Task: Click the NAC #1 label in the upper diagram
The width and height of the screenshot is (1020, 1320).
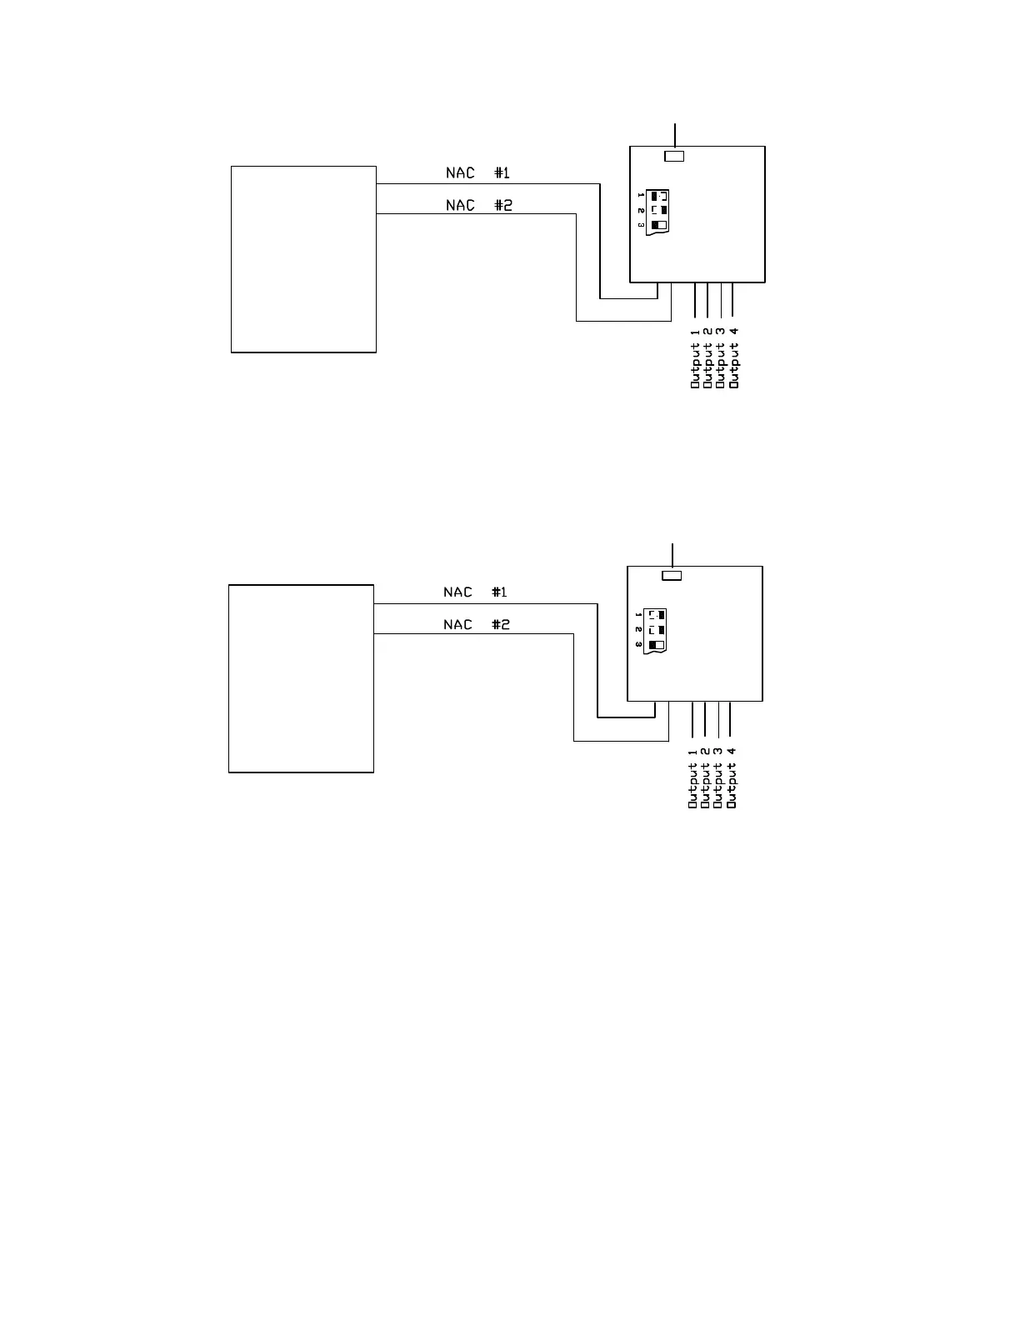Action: pyautogui.click(x=477, y=173)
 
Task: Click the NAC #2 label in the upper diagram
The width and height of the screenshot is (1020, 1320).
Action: pyautogui.click(x=478, y=205)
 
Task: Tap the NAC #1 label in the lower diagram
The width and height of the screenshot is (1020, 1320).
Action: pyautogui.click(x=475, y=592)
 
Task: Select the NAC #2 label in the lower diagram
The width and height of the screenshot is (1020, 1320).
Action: pyautogui.click(x=476, y=624)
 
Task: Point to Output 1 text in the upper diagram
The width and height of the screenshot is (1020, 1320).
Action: pyautogui.click(x=695, y=358)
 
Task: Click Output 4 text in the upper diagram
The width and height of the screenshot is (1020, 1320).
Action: pyautogui.click(x=733, y=358)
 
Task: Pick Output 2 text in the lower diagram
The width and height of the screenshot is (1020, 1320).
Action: pyautogui.click(x=705, y=777)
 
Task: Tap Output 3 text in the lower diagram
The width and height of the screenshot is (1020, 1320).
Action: pyautogui.click(x=718, y=777)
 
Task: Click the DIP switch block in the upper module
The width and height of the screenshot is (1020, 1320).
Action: pyautogui.click(x=659, y=211)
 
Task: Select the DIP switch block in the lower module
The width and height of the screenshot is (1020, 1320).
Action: pyautogui.click(x=657, y=630)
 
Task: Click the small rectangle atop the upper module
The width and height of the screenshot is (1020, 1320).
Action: pyautogui.click(x=674, y=156)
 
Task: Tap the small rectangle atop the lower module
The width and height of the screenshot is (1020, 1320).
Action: pyautogui.click(x=672, y=575)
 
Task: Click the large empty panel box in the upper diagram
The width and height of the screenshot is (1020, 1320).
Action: pyautogui.click(x=303, y=259)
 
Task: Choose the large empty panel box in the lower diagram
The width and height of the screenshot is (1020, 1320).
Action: pyautogui.click(x=301, y=678)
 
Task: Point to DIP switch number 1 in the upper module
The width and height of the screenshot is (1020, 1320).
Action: pyautogui.click(x=658, y=197)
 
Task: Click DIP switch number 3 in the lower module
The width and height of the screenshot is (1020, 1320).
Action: pyautogui.click(x=656, y=645)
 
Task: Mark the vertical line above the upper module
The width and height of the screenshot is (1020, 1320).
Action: pyautogui.click(x=675, y=133)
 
